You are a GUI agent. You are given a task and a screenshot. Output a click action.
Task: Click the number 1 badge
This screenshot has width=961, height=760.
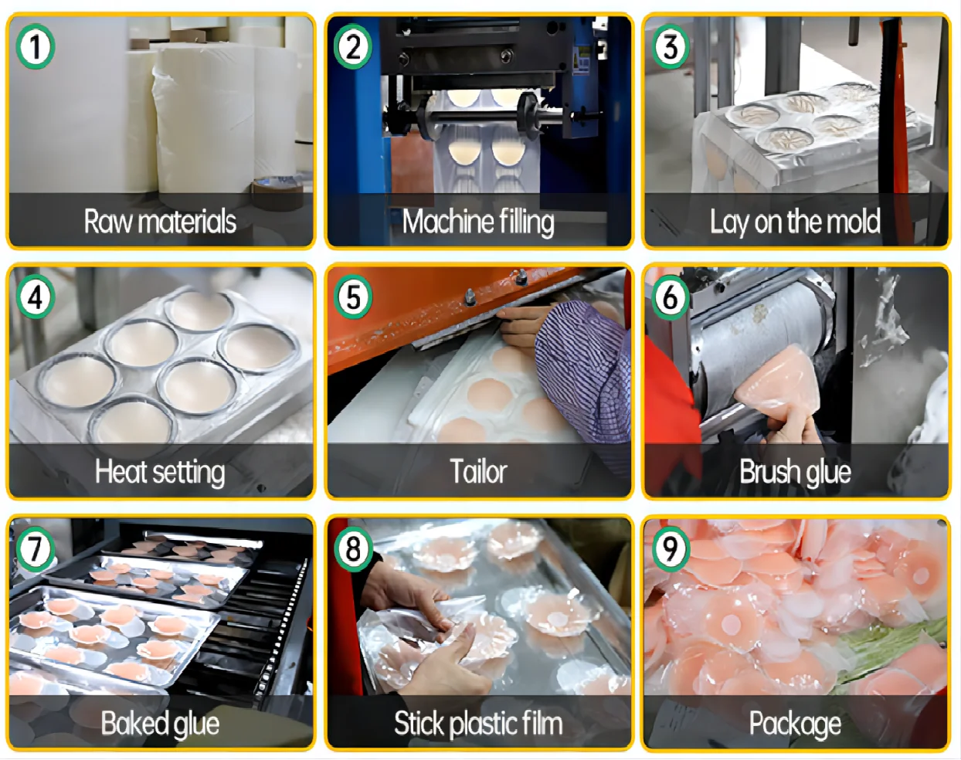pos(36,47)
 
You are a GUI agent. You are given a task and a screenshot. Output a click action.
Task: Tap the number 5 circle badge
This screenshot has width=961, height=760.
pos(353,297)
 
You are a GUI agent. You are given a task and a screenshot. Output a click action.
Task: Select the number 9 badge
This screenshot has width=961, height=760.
pos(671,549)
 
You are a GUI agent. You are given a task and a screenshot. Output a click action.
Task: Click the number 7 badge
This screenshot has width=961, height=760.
pos(36,549)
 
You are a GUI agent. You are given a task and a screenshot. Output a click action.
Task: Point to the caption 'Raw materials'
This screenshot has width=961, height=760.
pos(160,222)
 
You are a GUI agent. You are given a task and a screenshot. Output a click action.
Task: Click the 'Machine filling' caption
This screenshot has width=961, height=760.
pos(478,222)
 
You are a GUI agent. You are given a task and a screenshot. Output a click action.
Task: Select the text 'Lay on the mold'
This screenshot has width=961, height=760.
pos(796,222)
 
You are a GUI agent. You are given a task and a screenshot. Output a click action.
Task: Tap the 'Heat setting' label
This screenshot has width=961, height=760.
pos(160,473)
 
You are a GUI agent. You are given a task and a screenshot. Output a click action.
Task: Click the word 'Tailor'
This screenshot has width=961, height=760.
pos(478,472)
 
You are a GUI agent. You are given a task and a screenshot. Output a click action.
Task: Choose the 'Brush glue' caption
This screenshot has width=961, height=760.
pos(796,473)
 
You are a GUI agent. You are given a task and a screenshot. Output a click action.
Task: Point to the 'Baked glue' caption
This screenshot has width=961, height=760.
pos(160,724)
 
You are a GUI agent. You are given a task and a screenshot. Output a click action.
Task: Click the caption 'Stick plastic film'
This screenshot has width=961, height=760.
pos(478,724)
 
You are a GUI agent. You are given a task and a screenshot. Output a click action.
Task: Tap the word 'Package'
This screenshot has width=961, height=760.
pos(796,724)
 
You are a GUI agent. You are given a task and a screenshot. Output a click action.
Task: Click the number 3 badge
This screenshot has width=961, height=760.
pos(671,47)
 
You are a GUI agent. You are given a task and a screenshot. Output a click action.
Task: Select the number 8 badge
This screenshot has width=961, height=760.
pos(353,549)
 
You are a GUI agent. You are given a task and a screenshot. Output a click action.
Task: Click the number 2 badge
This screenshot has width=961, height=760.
pos(353,47)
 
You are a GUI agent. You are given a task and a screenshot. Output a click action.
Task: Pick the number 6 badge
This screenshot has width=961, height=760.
pos(671,297)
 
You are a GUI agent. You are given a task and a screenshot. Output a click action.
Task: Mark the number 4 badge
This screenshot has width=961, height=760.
pos(36,297)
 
